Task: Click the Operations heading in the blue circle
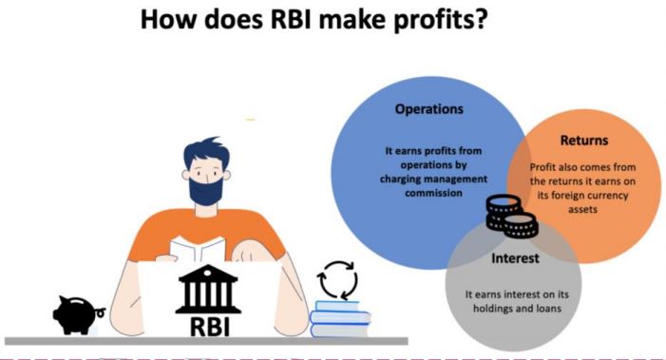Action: click(429, 109)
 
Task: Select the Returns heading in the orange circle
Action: click(584, 141)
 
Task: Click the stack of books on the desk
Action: click(339, 317)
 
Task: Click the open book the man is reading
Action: click(199, 249)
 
